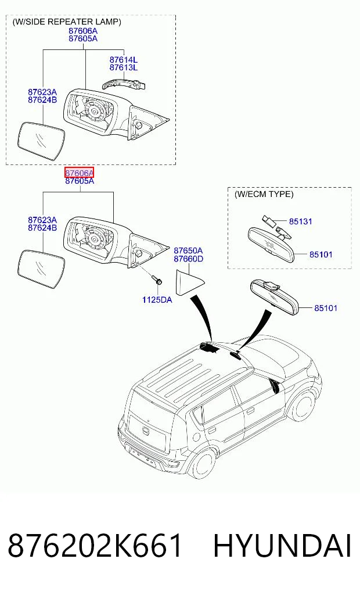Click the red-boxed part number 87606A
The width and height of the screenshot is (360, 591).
[x=79, y=173]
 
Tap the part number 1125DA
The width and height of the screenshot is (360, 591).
[x=157, y=300]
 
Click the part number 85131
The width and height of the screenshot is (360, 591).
[x=301, y=221]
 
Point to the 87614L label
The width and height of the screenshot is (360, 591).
[x=124, y=59]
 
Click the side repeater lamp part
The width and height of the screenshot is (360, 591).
[x=123, y=83]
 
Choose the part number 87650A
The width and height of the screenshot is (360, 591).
[x=188, y=250]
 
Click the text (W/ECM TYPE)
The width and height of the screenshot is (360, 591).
[x=264, y=194]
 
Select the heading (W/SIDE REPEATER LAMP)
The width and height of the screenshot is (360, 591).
[x=67, y=22]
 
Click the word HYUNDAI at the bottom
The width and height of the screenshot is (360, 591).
[x=282, y=546]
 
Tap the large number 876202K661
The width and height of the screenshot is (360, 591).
[x=95, y=546]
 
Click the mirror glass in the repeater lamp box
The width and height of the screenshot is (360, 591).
[x=41, y=141]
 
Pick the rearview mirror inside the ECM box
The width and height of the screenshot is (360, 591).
[x=271, y=243]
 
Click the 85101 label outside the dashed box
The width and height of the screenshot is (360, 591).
[x=326, y=308]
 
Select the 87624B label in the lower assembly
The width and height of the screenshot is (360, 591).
[x=42, y=228]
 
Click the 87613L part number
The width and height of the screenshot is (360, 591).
[x=124, y=67]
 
